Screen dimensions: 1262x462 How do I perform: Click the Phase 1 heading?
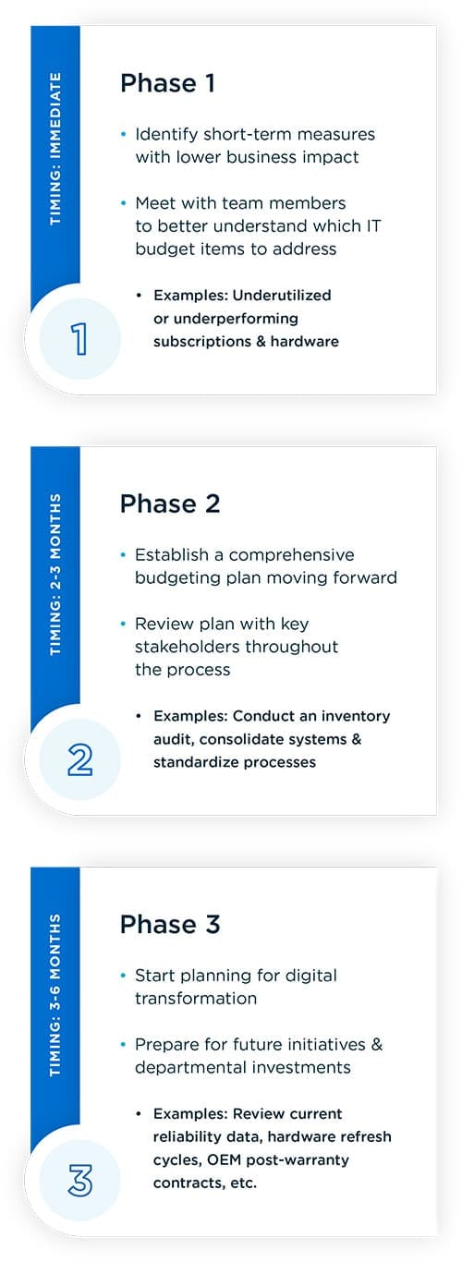pos(167,83)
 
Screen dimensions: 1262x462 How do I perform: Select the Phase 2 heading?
pos(169,504)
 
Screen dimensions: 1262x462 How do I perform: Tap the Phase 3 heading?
pos(169,924)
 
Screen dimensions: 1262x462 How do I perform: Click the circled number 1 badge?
pos(79,339)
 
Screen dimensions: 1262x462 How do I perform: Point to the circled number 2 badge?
pos(79,759)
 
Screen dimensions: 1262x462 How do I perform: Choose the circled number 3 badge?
pos(79,1180)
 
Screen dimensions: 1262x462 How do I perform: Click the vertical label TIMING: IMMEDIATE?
pos(55,149)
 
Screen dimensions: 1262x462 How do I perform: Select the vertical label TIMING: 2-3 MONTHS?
pos(55,575)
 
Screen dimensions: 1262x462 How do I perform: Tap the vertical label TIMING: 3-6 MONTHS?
pos(55,995)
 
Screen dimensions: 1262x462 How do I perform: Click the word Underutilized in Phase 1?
pos(282,296)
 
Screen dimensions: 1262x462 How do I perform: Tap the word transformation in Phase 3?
pos(196,998)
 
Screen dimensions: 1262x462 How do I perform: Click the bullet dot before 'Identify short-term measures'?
pos(123,134)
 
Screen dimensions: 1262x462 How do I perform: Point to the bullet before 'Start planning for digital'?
pos(123,976)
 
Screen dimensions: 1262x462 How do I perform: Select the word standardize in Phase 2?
pos(197,762)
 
